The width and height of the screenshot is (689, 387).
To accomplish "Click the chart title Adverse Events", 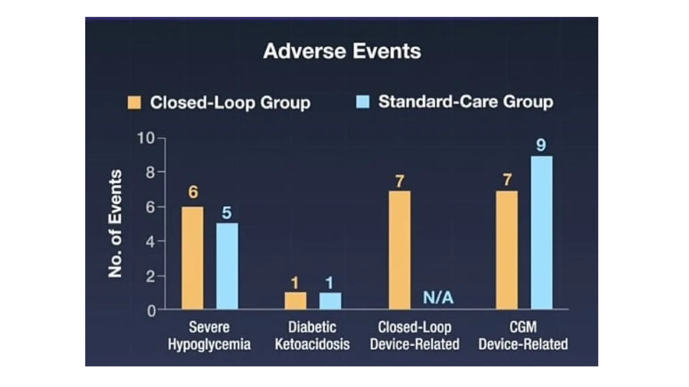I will pos(342,51).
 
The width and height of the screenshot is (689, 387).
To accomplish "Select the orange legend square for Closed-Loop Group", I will pos(134,102).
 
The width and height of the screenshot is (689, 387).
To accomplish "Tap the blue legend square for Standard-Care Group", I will pos(363,102).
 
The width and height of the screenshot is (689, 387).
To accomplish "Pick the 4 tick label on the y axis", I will pos(150,242).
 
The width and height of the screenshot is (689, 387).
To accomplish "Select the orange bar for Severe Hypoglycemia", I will pos(192,258).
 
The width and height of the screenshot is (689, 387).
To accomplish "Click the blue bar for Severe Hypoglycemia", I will pos(227,266).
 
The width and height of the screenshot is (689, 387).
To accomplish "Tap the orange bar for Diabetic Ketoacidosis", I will pos(295,301).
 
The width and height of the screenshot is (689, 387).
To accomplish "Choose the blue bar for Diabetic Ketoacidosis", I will pos(330,301).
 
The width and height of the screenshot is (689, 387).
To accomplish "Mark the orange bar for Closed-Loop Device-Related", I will pos(400,250).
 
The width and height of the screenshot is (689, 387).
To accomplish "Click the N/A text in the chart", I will pos(438,298).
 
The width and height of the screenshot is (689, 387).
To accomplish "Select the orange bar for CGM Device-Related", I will pos(507,250).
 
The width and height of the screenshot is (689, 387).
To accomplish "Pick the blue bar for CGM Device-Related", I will pos(542,232).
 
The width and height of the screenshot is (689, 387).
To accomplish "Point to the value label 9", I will pos(541,145).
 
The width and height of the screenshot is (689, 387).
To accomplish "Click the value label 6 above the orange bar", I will pos(193,192).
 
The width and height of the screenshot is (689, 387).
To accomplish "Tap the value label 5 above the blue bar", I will pos(227,213).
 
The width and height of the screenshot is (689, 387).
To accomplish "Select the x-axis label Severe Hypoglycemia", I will pos(209,336).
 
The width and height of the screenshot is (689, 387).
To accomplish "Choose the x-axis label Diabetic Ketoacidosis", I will pos(312,336).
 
